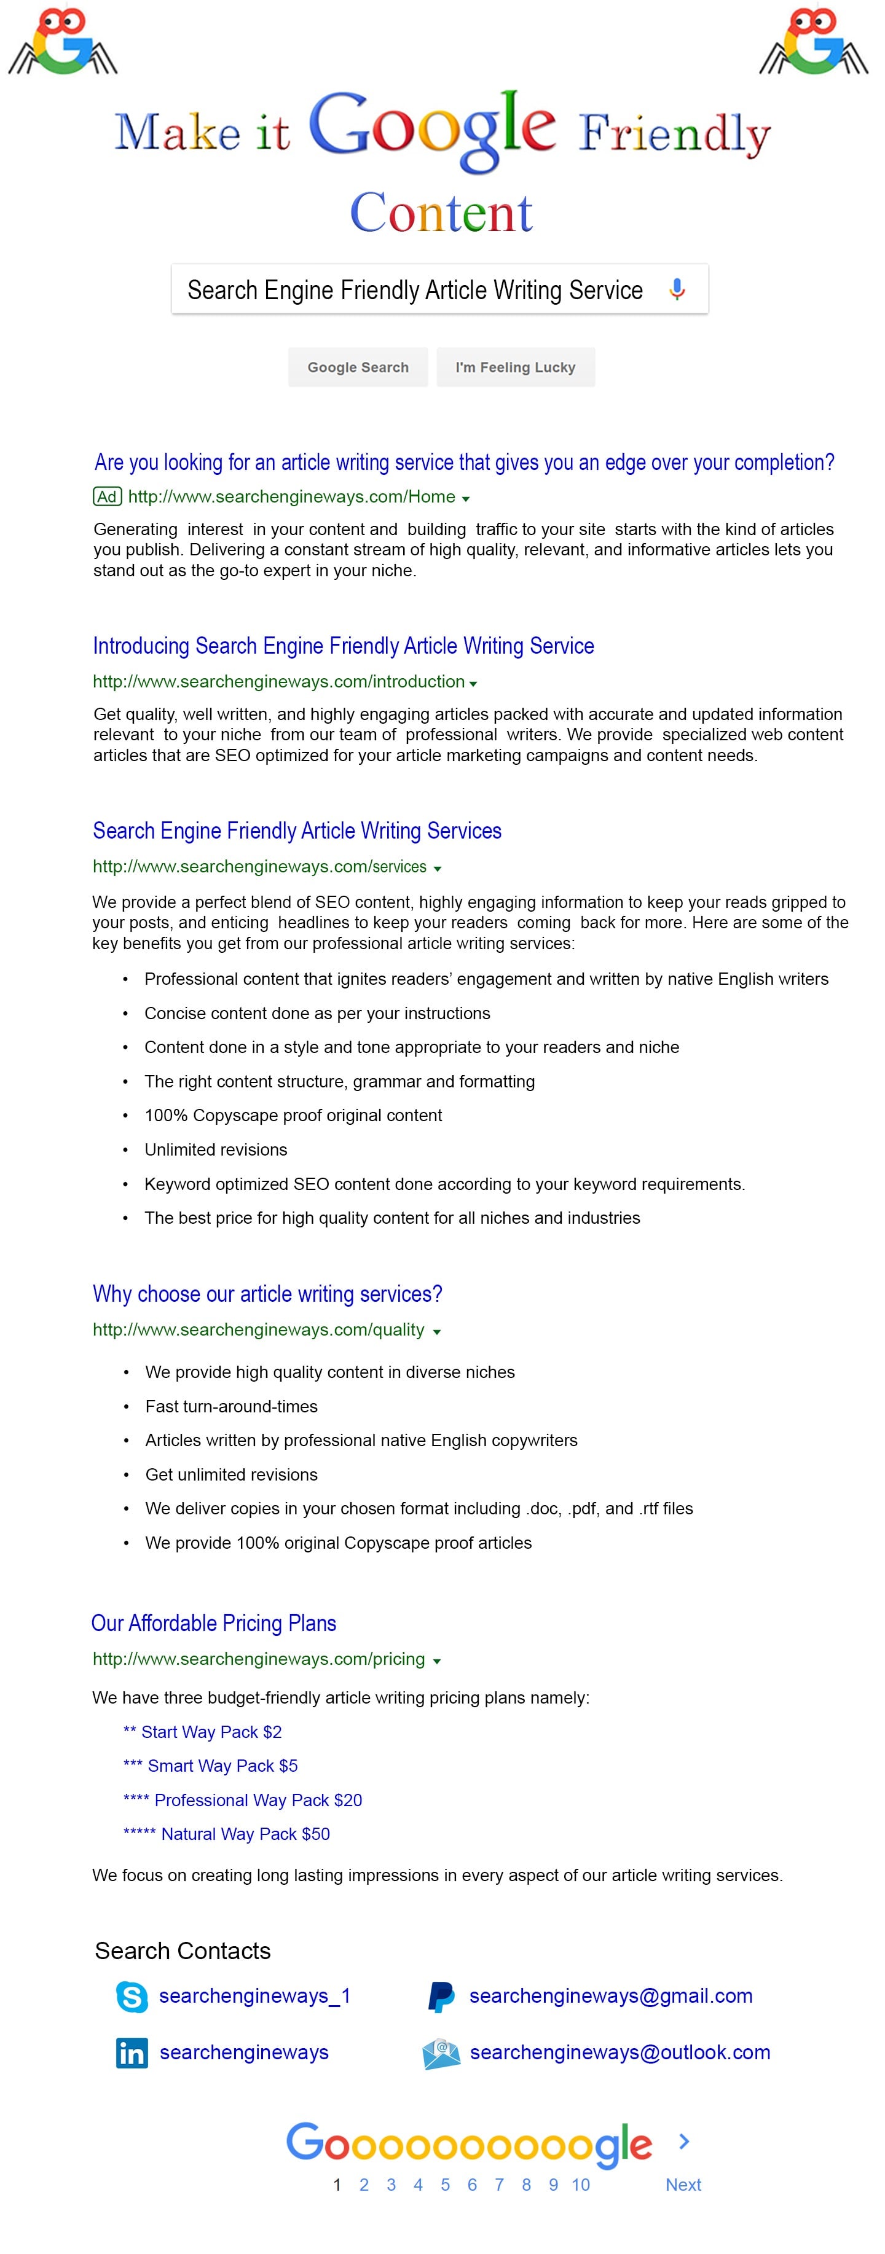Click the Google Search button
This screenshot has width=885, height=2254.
click(357, 367)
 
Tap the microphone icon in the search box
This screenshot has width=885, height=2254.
click(677, 289)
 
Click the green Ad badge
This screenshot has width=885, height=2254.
click(107, 497)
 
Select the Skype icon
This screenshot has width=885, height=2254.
click(132, 1997)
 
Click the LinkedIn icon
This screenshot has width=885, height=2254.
click(132, 2052)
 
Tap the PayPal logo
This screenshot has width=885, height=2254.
click(440, 1997)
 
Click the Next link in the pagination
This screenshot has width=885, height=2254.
click(683, 2184)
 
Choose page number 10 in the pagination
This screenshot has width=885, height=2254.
click(580, 2184)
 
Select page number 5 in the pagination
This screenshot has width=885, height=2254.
click(445, 2184)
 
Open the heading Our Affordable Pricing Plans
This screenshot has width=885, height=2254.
click(214, 1623)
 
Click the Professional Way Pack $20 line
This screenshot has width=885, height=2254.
click(243, 1800)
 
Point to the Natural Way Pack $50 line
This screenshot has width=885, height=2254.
click(227, 1834)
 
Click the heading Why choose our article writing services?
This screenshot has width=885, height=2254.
click(267, 1294)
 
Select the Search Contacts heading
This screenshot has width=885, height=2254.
click(182, 1951)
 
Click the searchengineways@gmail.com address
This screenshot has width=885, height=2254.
click(610, 1996)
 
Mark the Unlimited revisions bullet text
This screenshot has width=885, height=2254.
click(215, 1150)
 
